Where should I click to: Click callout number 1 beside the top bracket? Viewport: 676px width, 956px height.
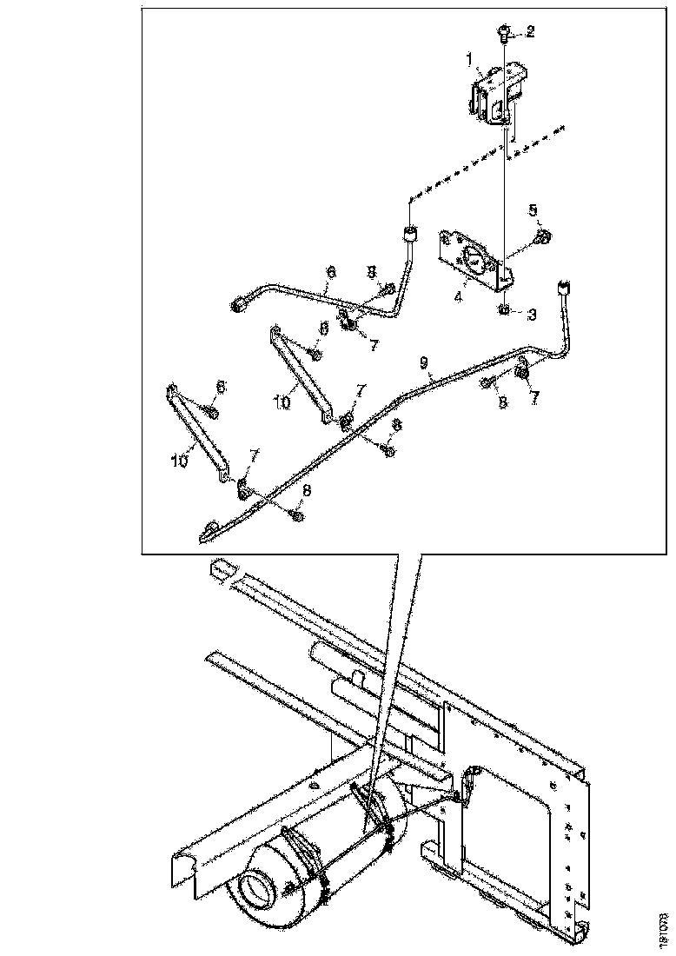coord(468,59)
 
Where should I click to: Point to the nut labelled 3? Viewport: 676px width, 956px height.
coord(505,309)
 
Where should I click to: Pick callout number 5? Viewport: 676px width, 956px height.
coord(534,209)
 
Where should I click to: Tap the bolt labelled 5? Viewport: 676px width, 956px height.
coord(543,236)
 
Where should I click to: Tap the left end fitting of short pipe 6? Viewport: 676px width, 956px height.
coord(239,304)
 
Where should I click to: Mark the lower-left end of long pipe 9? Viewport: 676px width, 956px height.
coord(209,531)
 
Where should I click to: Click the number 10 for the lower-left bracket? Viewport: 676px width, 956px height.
coord(179,462)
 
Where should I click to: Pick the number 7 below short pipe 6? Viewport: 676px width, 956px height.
coord(373,345)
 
